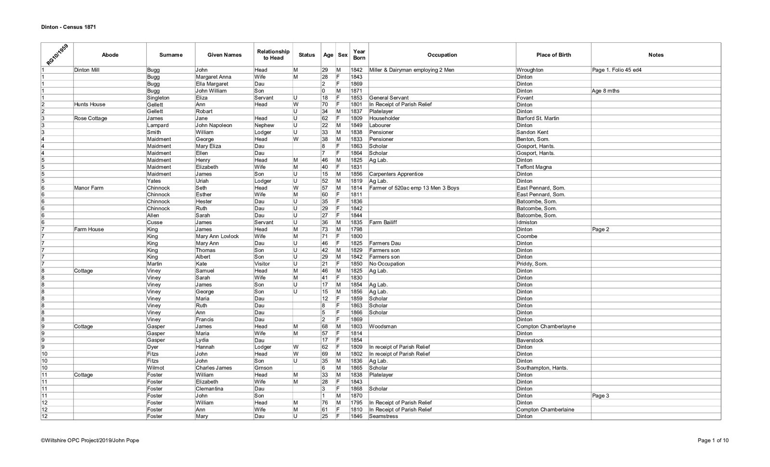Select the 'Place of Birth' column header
(x=553, y=55)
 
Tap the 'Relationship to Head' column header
(x=273, y=55)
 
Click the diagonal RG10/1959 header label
(x=57, y=54)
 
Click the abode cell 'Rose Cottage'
(x=90, y=118)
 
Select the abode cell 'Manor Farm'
(x=89, y=188)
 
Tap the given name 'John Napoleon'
(x=214, y=126)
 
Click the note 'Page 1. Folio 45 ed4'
(x=617, y=70)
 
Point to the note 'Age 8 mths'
(x=606, y=91)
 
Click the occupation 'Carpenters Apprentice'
(x=396, y=174)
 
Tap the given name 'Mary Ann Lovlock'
(x=217, y=237)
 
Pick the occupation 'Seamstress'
(x=384, y=417)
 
